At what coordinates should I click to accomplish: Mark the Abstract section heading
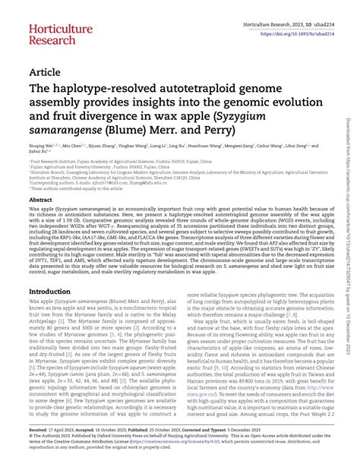click(x=41, y=199)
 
